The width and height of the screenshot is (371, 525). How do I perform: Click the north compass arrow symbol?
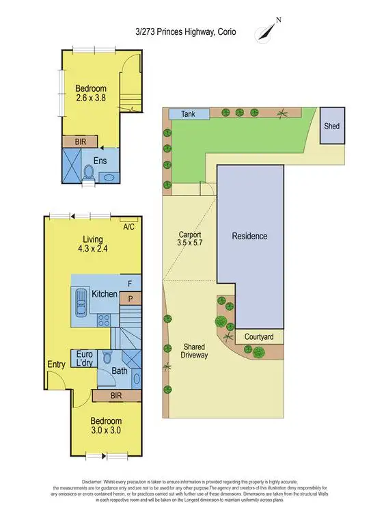[x=265, y=31]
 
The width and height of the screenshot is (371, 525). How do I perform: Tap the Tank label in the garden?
[x=188, y=114]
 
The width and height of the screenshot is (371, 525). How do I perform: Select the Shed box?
[x=331, y=126]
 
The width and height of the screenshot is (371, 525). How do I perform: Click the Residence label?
[x=249, y=237]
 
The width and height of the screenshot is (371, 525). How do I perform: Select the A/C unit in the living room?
[x=129, y=226]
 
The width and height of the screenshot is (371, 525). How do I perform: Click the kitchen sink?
[x=79, y=301]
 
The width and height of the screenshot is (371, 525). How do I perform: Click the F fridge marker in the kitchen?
[x=130, y=282]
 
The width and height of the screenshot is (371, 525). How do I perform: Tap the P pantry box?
[x=130, y=297]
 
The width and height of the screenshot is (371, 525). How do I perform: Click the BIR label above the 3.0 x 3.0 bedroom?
[x=106, y=396]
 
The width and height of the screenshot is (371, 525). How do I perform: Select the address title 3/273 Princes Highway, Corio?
[x=185, y=31]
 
